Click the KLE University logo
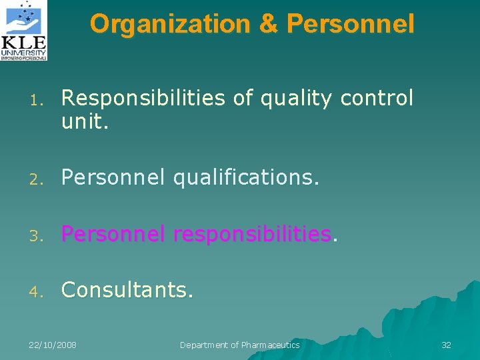pos(25,31)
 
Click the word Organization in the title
pos(169,24)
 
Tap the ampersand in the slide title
pos(268,24)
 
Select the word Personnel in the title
pos(351,24)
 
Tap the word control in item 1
pos(377,99)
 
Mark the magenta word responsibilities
pos(252,234)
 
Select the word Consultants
pos(127,290)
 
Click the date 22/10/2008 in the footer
pos(53,345)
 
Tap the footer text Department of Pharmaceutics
pos(240,345)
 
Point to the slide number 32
pos(446,345)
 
